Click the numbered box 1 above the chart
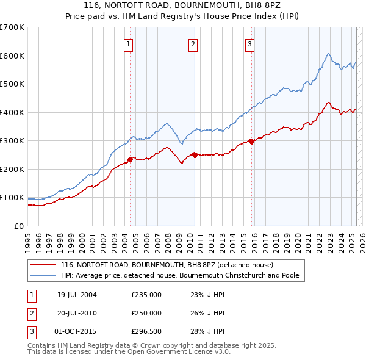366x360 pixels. coord(129,43)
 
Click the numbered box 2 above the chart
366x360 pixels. coord(193,43)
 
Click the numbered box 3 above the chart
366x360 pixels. coord(250,43)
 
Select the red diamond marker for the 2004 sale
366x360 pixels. coord(130,159)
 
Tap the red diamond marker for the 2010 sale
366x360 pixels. coord(194,155)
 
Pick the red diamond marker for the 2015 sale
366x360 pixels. coord(251,142)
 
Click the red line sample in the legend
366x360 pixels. coord(42,265)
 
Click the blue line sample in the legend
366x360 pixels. coord(42,275)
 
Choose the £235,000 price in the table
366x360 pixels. coord(146,295)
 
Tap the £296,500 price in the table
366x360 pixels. coord(146,331)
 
